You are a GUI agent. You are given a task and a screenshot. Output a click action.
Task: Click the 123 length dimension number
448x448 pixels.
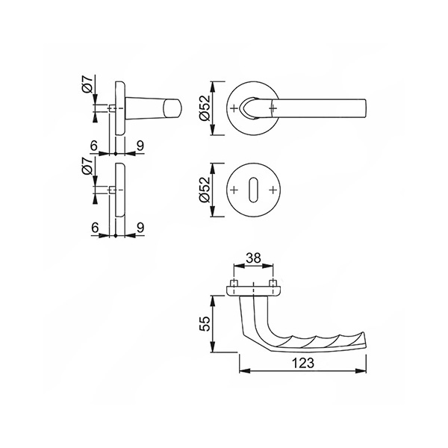click(x=303, y=363)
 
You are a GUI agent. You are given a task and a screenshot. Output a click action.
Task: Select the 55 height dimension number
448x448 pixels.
click(x=205, y=323)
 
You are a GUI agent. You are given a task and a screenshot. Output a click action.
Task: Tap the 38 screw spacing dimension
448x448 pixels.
click(x=253, y=258)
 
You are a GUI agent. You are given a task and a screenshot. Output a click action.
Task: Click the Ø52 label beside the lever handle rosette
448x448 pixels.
click(x=205, y=108)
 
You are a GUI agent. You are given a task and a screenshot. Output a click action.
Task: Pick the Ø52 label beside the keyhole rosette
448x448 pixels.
click(x=205, y=190)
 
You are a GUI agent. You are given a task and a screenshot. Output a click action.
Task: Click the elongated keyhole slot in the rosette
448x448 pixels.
click(x=253, y=190)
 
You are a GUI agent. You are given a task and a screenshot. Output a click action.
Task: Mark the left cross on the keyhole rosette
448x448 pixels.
click(x=234, y=190)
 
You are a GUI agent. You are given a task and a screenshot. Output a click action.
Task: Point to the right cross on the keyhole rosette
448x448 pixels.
click(x=273, y=190)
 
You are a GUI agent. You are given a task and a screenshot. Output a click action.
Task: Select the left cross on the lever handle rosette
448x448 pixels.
click(x=234, y=108)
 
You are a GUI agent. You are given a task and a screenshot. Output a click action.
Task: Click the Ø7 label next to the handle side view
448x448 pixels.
click(x=87, y=84)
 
